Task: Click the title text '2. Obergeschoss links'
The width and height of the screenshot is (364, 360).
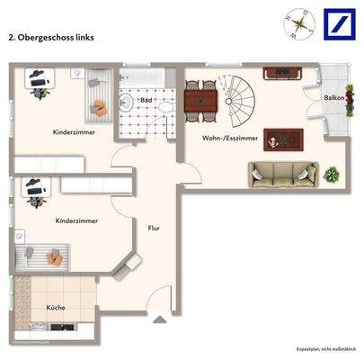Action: click(50, 39)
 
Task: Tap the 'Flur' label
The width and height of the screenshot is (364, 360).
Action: click(154, 228)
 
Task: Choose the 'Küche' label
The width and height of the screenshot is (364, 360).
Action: click(56, 307)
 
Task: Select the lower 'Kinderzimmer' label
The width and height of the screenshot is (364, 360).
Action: click(75, 220)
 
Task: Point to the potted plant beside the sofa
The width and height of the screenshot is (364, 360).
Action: click(333, 173)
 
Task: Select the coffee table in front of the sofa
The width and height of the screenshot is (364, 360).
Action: click(283, 139)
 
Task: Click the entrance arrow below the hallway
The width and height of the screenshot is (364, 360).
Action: click(159, 320)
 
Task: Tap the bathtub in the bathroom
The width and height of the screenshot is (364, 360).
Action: click(145, 78)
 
